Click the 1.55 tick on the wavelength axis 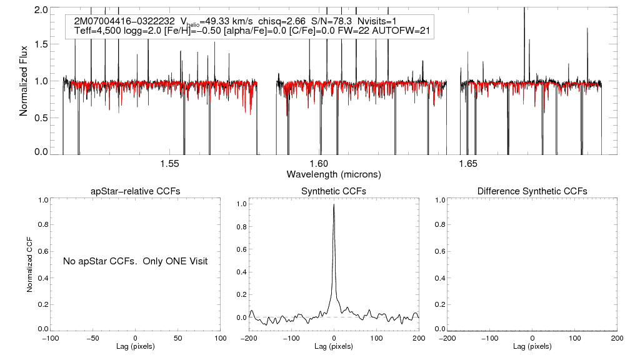170,164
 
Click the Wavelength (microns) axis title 333,174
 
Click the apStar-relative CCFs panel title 136,191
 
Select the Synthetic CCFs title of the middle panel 334,191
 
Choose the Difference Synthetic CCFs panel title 532,191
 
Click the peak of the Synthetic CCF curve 334,205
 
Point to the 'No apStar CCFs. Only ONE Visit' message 135,261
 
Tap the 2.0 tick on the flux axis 41,11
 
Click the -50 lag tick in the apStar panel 92,338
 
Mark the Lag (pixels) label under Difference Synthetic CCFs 532,346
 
